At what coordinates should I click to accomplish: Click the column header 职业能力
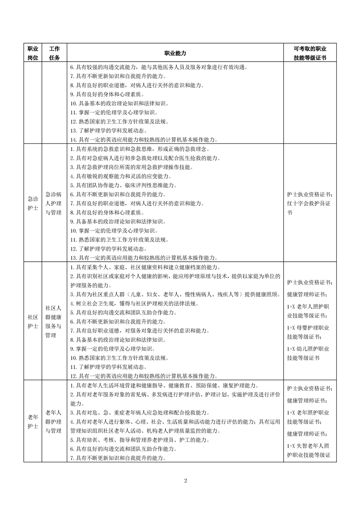coord(175,53)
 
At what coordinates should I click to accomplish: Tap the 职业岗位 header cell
coord(33,53)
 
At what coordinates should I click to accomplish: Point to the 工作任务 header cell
coord(54,53)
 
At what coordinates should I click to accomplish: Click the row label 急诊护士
coord(33,203)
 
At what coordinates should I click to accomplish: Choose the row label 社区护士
coord(33,322)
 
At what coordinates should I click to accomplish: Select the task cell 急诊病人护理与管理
coord(54,203)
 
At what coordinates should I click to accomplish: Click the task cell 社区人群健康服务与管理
coord(54,322)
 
